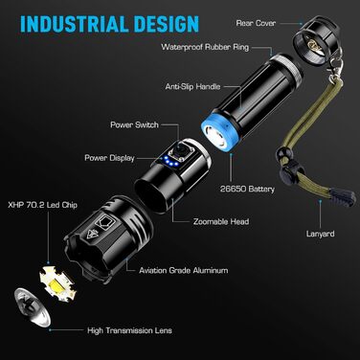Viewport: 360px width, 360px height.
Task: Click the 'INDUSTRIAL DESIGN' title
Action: [109, 24]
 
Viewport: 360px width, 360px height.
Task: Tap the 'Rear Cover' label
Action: [256, 23]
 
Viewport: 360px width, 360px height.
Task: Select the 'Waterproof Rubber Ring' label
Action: [205, 47]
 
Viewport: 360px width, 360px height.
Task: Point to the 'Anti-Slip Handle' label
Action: [192, 86]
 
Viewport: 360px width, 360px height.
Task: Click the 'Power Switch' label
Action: [134, 124]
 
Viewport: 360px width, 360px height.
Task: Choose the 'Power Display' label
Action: [109, 158]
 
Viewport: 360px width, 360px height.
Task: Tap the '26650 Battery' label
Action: [247, 189]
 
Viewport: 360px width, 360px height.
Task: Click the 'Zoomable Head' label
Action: [221, 221]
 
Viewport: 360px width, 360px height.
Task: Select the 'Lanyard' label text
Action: [321, 234]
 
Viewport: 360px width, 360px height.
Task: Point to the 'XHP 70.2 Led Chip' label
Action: [43, 205]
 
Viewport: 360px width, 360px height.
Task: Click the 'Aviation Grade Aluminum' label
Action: [184, 271]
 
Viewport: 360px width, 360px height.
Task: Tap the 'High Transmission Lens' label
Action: [129, 330]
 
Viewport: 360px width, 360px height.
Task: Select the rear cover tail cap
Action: [316, 40]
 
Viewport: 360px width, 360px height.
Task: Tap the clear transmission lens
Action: [32, 307]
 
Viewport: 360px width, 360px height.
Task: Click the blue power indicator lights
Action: [169, 162]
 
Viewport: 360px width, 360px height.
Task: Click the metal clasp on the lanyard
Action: [336, 65]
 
